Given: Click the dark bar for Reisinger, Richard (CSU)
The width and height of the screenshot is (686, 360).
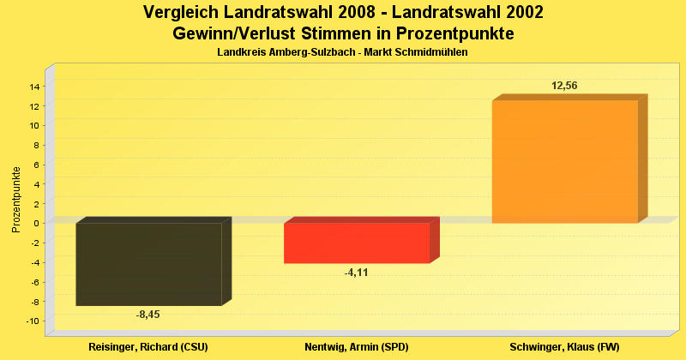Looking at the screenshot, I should coord(148,264).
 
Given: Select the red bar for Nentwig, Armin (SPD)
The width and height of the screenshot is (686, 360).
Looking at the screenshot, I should coord(356,243).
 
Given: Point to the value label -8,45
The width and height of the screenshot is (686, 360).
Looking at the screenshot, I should coord(148,315).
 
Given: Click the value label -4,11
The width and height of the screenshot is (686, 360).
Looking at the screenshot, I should coord(356,273).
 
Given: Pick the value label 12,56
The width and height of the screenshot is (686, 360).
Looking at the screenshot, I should coord(564,86).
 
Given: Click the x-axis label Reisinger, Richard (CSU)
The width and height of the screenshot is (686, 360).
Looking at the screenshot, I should coord(148,347).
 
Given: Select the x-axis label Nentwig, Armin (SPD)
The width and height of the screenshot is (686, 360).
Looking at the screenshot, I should coord(356,347).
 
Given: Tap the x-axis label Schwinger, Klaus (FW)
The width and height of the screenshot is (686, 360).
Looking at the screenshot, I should coord(564,347).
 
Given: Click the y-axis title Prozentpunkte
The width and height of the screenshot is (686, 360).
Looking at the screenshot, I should coord(15,198).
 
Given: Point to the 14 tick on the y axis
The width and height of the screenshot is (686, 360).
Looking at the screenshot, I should coord(36,87).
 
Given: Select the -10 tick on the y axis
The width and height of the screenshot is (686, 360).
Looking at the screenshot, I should coord(34,321).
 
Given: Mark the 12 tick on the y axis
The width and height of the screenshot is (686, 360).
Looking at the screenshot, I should coord(36,106).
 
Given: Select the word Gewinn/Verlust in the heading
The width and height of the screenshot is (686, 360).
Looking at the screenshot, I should coord(232,34).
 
